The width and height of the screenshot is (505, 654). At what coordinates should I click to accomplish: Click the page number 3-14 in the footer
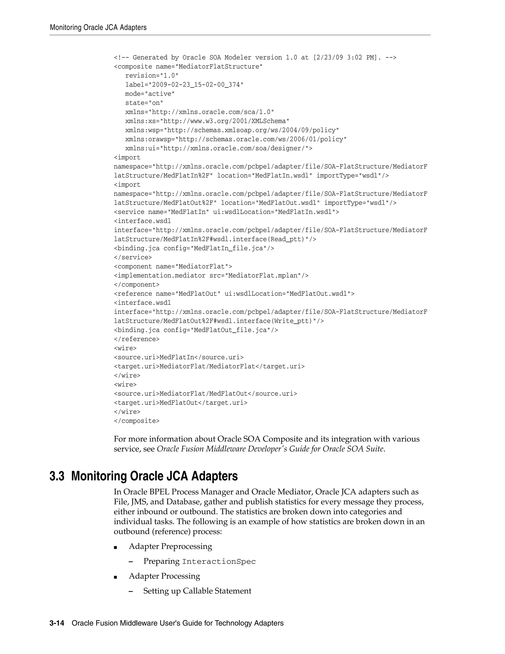point(57,623)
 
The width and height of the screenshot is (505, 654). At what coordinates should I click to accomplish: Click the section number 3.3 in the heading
point(57,476)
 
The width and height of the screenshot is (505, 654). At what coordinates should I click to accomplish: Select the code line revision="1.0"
point(152,76)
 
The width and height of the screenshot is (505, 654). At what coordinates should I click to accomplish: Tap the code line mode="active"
point(150,94)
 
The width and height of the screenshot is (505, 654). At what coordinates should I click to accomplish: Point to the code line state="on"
point(144,103)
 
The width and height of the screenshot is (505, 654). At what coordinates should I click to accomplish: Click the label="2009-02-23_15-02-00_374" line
point(184,85)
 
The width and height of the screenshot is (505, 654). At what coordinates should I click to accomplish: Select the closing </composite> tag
point(137,421)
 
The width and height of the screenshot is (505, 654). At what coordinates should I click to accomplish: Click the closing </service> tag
point(133,257)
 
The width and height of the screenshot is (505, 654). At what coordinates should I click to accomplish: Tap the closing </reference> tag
point(137,339)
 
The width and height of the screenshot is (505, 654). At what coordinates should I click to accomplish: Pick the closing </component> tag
point(137,285)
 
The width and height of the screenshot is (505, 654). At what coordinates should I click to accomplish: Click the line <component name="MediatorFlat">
point(173,267)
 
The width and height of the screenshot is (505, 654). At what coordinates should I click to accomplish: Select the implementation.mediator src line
point(211,275)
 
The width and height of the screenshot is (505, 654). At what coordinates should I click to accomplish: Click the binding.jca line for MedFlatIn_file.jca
point(194,248)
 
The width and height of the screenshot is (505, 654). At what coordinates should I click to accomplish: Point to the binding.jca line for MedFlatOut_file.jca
point(196,330)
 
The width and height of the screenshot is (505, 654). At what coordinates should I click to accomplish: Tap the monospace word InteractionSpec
point(219,561)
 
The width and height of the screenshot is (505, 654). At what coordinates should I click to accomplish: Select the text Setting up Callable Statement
point(197,591)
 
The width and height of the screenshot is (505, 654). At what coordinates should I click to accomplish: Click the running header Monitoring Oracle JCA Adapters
point(98,28)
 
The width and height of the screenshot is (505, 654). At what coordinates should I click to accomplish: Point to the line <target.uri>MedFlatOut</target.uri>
point(180,403)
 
